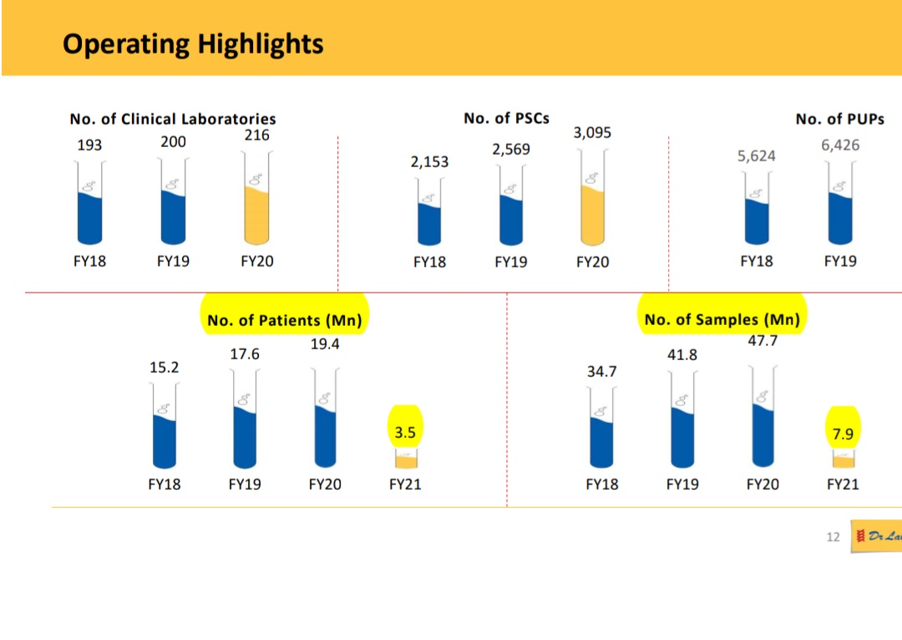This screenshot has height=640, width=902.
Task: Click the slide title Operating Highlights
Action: tap(193, 43)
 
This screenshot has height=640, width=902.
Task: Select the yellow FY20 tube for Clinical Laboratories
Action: tap(256, 213)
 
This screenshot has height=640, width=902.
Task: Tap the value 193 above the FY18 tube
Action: tap(89, 145)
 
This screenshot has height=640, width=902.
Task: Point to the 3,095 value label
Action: tap(592, 133)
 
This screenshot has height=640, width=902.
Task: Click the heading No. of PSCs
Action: tap(506, 119)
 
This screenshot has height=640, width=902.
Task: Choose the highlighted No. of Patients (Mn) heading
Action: tap(285, 320)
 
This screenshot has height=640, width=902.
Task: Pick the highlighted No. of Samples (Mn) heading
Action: tap(722, 320)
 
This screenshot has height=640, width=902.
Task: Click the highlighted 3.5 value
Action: tap(405, 433)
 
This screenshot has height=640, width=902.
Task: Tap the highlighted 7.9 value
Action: tap(844, 433)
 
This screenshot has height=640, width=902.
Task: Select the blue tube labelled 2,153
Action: tap(429, 221)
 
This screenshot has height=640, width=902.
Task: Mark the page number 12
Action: tap(833, 537)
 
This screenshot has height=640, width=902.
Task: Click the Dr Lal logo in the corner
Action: tap(876, 536)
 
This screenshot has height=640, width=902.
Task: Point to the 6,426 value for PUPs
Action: tap(840, 145)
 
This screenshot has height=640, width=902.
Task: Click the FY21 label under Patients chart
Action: tap(406, 485)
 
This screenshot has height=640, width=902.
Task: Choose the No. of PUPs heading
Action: tap(839, 119)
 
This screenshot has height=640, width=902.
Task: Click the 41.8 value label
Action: tap(682, 355)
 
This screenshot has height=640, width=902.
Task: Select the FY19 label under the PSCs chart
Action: tap(511, 262)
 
